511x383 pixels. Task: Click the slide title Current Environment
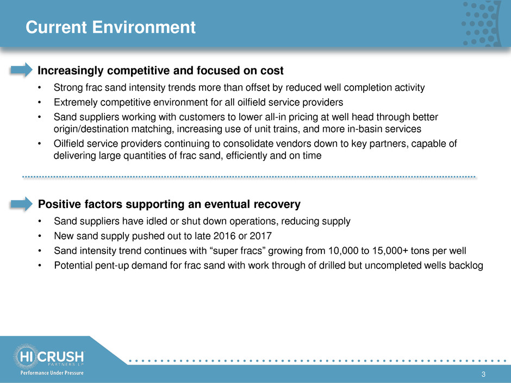[110, 27]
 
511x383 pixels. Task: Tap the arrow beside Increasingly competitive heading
[22, 70]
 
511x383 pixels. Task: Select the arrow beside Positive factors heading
[22, 204]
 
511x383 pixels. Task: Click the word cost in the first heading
[272, 71]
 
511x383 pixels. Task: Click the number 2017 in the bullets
[260, 235]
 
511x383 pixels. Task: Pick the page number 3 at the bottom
[483, 374]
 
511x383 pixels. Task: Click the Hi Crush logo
[49, 356]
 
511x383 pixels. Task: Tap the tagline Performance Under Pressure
[52, 373]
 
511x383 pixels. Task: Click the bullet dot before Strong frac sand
[40, 87]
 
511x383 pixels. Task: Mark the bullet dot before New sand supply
[40, 236]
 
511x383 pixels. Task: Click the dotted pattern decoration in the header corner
[481, 23]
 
